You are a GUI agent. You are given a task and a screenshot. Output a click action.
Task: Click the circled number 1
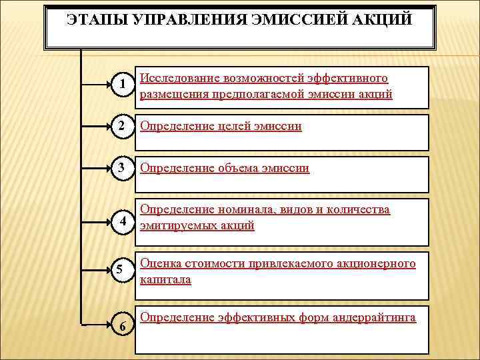pos(121,84)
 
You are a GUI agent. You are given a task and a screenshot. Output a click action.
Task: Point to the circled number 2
pos(121,126)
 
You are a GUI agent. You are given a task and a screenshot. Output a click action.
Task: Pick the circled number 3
pos(121,168)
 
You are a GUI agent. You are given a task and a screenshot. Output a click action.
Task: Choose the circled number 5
pos(121,270)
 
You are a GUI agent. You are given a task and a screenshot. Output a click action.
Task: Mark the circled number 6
pos(121,325)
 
